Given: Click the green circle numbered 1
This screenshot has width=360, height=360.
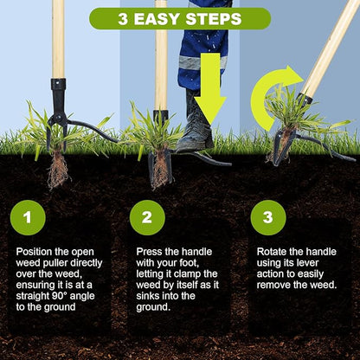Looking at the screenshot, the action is tap(28, 217).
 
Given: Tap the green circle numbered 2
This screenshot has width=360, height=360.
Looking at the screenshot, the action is tap(147, 217).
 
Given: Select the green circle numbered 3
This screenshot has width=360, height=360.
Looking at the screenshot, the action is tap(268, 217).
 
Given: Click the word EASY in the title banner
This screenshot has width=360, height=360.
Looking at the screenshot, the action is tap(157, 19).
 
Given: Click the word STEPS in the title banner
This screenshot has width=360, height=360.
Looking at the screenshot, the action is tap(214, 19).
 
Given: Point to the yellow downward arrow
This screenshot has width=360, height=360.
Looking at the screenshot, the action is tap(210, 88).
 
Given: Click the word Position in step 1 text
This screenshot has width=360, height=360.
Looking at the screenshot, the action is tap(35, 252).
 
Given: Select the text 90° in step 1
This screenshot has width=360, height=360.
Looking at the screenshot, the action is tap(60, 296).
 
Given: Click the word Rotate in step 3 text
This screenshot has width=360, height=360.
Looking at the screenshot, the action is tap(272, 252).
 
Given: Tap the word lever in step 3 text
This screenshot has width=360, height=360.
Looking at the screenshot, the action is tap(306, 263).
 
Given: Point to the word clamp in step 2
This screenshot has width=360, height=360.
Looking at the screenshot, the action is tap(189, 273).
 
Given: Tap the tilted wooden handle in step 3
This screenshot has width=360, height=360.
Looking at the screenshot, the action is tap(331, 48).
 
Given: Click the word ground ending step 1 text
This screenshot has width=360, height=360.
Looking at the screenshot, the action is tap(61, 307).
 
